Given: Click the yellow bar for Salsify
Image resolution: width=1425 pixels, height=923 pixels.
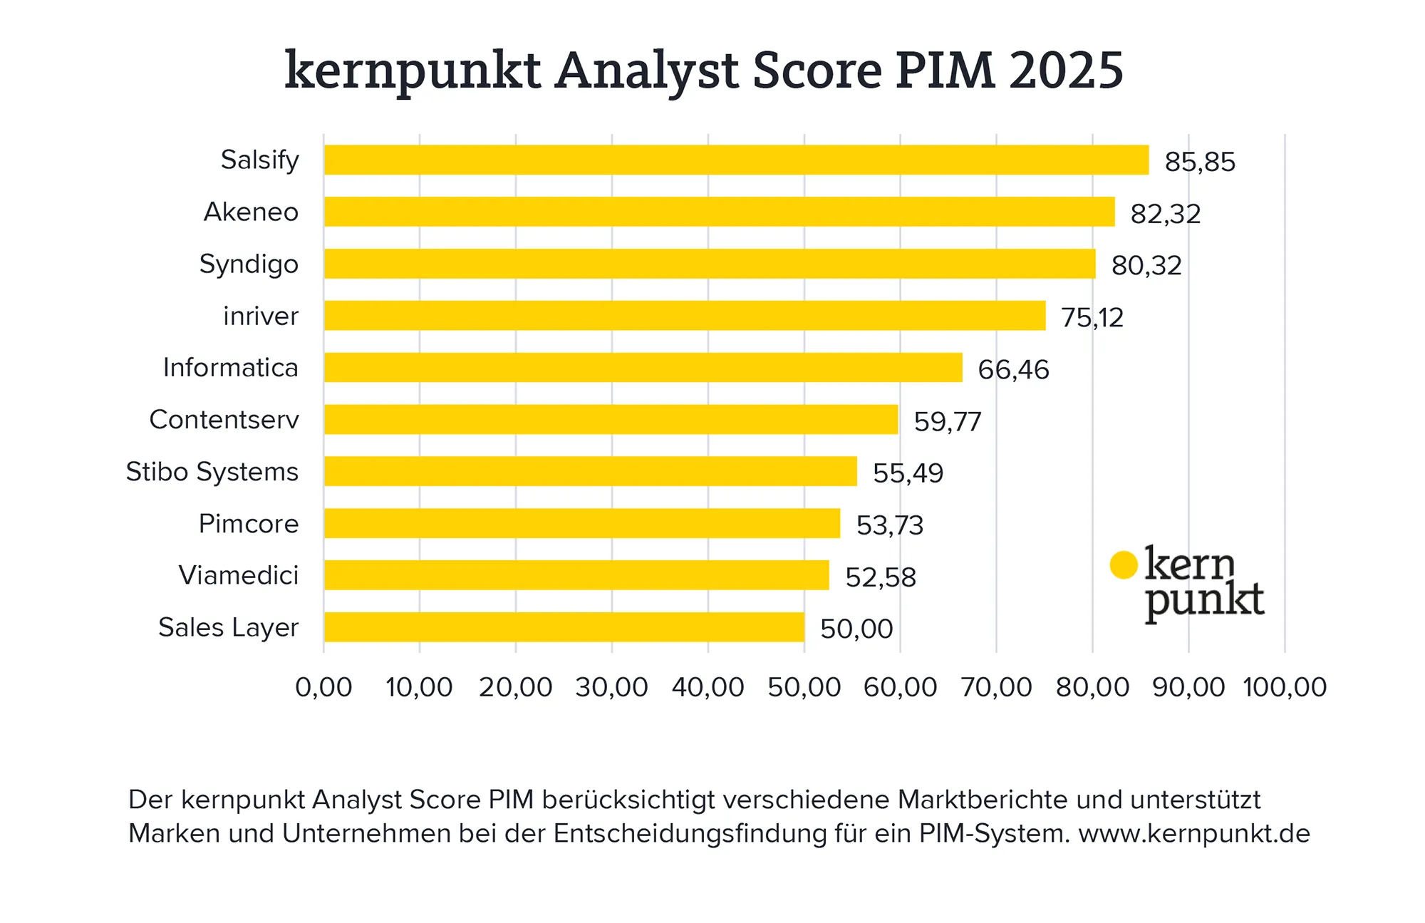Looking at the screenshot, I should pos(736,160).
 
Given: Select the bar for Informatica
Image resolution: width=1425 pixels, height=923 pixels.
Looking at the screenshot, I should pos(643,368).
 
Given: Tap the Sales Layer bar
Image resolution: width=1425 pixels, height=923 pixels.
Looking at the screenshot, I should pos(564,627).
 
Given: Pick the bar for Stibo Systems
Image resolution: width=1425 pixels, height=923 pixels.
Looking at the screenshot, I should pos(590,471).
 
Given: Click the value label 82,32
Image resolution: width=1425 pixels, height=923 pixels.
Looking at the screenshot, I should pos(1166,214).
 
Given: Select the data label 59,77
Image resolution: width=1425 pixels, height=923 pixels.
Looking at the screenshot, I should pos(948,422).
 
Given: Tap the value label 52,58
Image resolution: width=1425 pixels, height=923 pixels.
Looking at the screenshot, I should pos(880,577).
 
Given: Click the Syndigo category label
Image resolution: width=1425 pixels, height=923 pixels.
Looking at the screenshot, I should pos(249,264).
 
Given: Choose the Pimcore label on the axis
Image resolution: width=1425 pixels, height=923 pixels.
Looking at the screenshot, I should pos(249,524).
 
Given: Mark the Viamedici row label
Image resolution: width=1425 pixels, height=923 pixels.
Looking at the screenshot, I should pos(239,575).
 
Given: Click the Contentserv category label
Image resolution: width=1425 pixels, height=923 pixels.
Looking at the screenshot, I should pos(224,420).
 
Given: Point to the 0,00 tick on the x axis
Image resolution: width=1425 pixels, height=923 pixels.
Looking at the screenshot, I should pos(323,688).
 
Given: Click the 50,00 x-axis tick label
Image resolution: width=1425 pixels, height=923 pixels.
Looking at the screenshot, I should pos(804,688).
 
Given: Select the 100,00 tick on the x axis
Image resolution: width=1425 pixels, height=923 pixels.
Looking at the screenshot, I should pos(1284,688).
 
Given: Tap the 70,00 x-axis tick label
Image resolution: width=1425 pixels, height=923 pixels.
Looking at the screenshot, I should pos(996,688).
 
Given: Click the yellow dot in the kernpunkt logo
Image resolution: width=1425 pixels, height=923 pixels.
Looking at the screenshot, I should pos(1124,565).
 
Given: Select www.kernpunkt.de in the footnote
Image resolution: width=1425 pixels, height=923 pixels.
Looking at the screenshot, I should pos(1194,833).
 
